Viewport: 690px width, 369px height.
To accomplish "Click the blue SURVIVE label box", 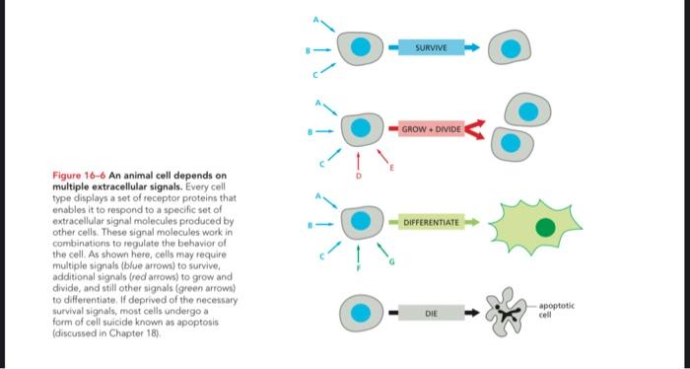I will pos(432,46).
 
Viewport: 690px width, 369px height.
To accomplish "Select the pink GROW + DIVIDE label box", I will pos(432,128).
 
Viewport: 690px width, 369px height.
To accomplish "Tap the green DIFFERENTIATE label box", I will pos(432,224).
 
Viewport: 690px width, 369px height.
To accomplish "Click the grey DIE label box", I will pos(430,314).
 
